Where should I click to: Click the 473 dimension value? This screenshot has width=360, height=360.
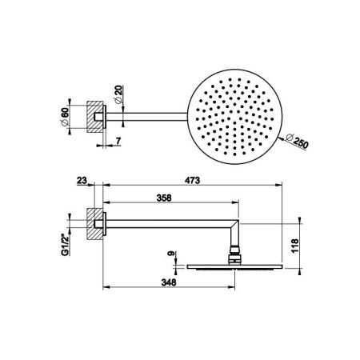pyautogui.click(x=192, y=181)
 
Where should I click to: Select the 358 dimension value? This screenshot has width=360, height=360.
pyautogui.click(x=164, y=198)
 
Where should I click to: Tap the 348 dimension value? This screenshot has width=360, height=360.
pyautogui.click(x=169, y=282)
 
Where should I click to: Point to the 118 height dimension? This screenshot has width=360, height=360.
pyautogui.click(x=295, y=246)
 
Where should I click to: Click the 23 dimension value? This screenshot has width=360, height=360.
pyautogui.click(x=82, y=181)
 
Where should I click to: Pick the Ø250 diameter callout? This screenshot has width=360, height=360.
pyautogui.click(x=297, y=141)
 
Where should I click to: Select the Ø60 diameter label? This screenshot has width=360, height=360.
pyautogui.click(x=65, y=118)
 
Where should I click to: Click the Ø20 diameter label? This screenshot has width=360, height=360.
pyautogui.click(x=118, y=94)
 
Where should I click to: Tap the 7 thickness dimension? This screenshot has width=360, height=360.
pyautogui.click(x=118, y=140)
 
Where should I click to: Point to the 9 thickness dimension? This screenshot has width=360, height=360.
pyautogui.click(x=170, y=254)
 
